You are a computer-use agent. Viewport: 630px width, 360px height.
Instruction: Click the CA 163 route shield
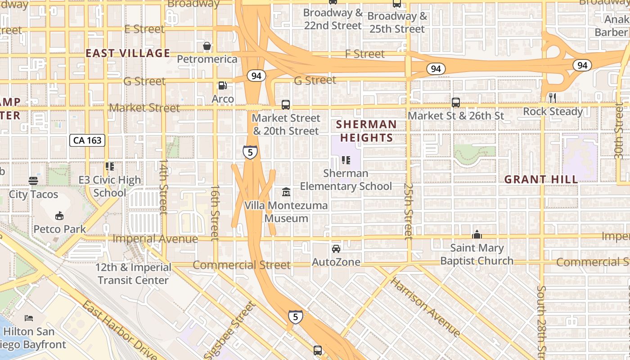coord(88,140)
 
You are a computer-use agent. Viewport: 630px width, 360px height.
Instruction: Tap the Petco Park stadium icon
coord(59,216)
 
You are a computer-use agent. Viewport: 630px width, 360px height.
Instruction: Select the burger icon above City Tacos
coord(33,181)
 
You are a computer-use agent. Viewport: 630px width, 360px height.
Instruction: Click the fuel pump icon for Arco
coord(222,85)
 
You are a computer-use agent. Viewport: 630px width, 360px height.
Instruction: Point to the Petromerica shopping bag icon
coord(207,46)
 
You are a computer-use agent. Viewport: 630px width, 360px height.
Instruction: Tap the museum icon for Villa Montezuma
coord(286,192)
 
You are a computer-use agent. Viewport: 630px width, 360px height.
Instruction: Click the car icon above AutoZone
coord(336,249)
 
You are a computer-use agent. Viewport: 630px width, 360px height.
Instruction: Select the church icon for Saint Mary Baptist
coord(477,234)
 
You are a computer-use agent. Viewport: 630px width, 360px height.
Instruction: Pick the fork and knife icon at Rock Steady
coord(553,98)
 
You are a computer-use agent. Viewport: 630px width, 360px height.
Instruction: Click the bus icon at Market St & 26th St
coord(456,103)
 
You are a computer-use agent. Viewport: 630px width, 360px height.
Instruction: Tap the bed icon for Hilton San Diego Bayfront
coord(29,318)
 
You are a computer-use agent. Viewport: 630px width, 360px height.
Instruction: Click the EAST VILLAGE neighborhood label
coord(128,53)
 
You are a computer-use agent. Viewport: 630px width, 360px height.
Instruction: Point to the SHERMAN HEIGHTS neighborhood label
coord(367,131)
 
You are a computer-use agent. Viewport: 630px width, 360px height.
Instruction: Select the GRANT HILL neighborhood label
coord(541,180)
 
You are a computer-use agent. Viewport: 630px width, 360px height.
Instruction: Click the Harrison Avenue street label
coord(425,307)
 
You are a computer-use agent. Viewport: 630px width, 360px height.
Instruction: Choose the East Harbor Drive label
coord(119,331)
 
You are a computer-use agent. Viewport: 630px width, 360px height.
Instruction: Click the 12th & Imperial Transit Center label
coord(133,274)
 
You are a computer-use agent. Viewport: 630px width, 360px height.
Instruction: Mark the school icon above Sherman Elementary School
coord(346,160)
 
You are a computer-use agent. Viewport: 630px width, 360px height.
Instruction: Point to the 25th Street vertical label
coord(408,210)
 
